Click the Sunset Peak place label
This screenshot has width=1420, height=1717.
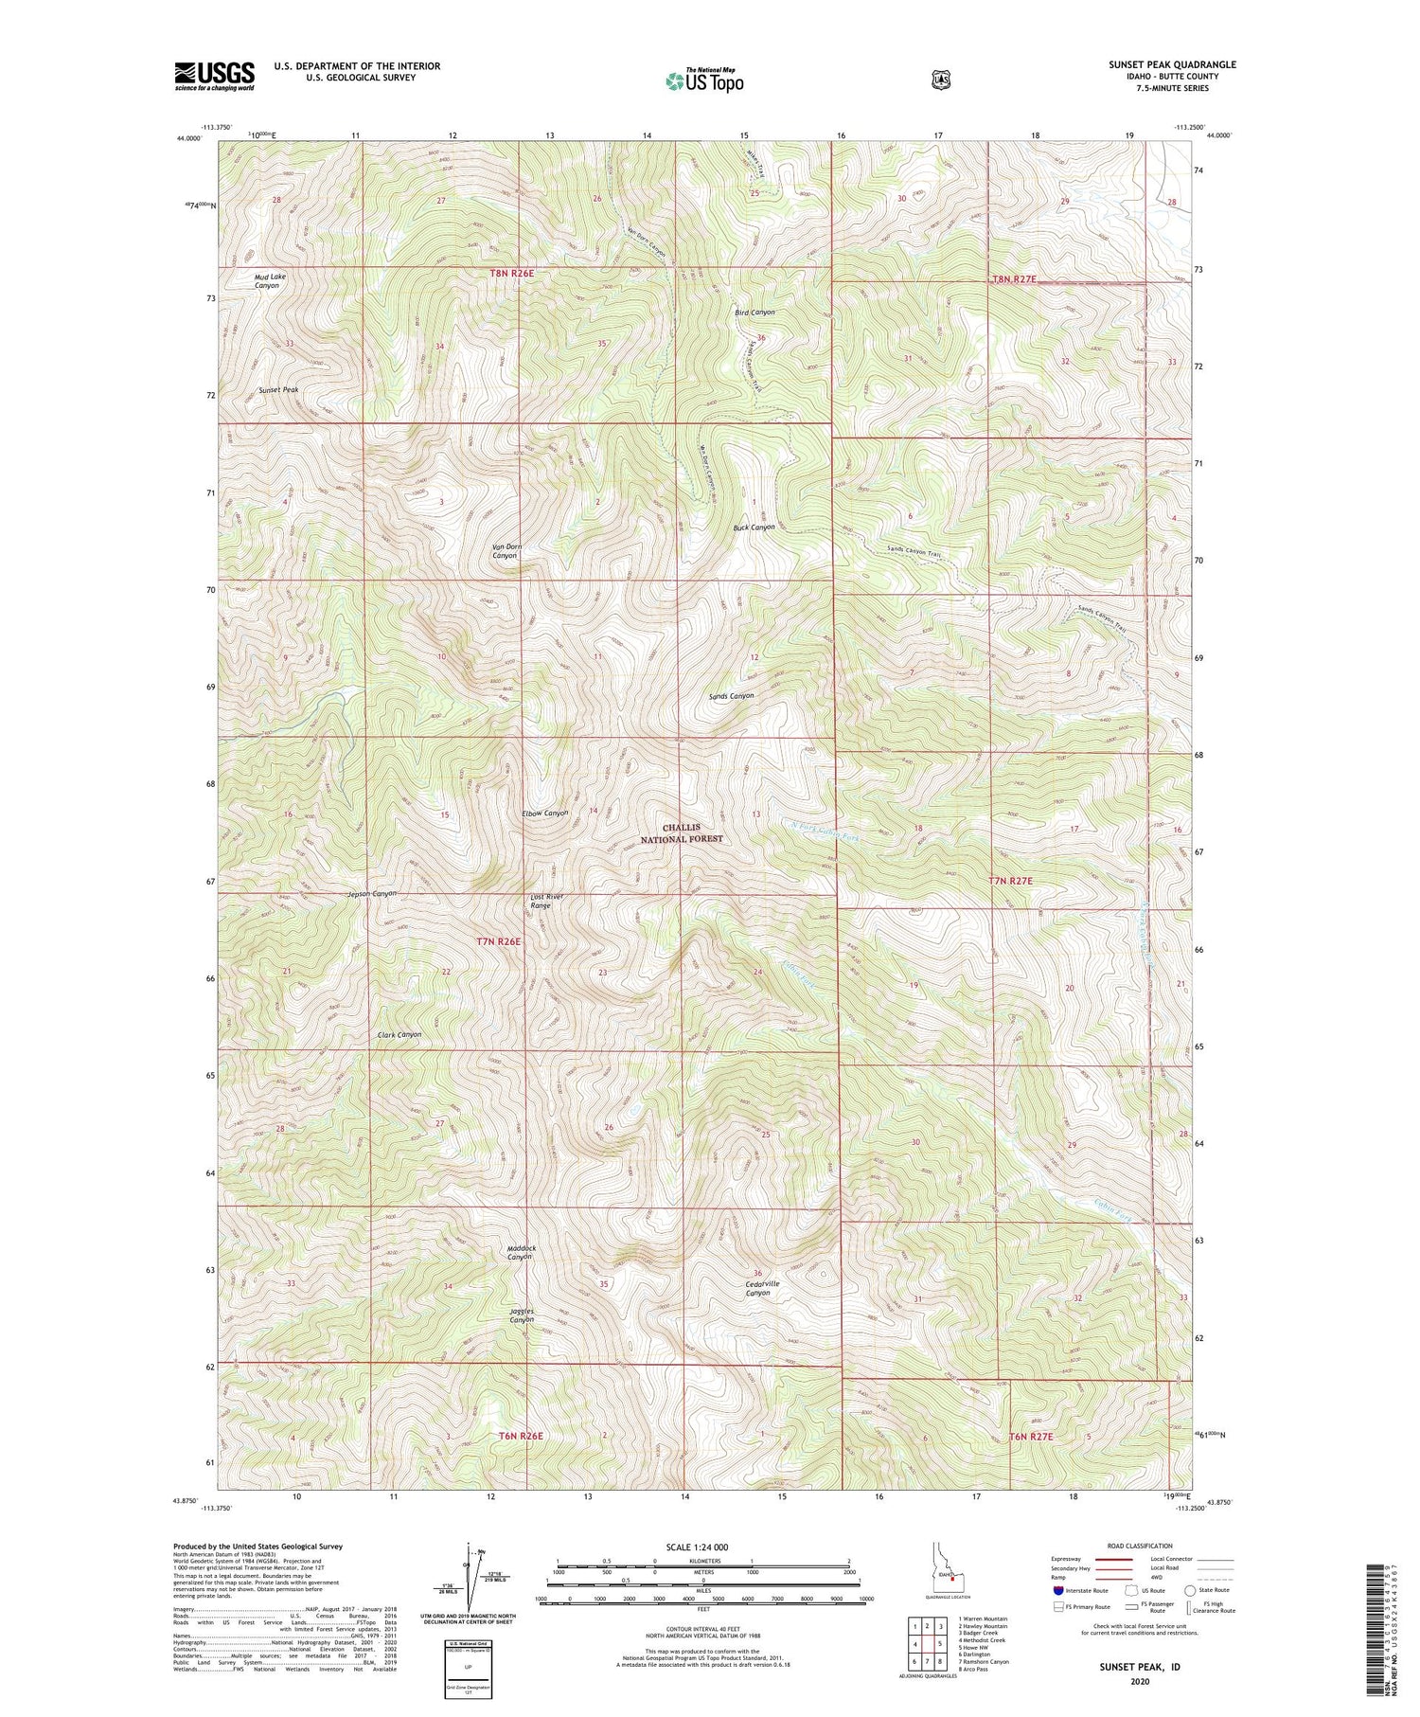pyautogui.click(x=278, y=390)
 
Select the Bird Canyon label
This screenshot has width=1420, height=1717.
pyautogui.click(x=754, y=312)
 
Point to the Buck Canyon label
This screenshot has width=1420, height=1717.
pyautogui.click(x=753, y=528)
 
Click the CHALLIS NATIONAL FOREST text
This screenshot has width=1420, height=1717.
pyautogui.click(x=681, y=833)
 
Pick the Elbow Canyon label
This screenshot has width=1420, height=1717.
pyautogui.click(x=545, y=813)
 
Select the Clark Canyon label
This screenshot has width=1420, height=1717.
pyautogui.click(x=399, y=1035)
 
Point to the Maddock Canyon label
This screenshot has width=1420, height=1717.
pyautogui.click(x=521, y=1253)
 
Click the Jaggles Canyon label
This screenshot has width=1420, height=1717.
pyautogui.click(x=522, y=1315)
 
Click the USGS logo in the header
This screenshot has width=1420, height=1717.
pyautogui.click(x=214, y=76)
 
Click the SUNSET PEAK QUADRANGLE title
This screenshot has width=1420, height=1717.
pyautogui.click(x=1172, y=65)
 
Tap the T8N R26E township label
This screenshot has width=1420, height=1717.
pyautogui.click(x=512, y=274)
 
